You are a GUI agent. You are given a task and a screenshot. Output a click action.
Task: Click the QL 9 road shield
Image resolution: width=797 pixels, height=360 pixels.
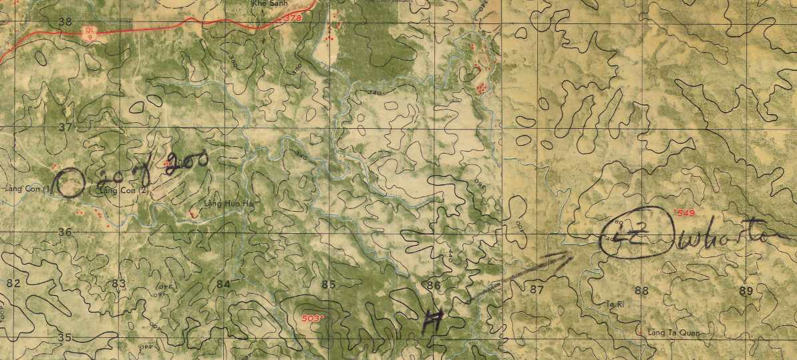pyautogui.click(x=90, y=31)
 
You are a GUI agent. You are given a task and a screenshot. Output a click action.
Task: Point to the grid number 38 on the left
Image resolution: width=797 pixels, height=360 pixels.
pyautogui.click(x=65, y=21)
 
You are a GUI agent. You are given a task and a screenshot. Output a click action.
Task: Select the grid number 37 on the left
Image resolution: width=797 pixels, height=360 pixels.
pyautogui.click(x=65, y=127)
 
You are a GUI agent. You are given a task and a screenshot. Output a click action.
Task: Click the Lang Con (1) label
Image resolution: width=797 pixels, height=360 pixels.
pyautogui.click(x=27, y=190)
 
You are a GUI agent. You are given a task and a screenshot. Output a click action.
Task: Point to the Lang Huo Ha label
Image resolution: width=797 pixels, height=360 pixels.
pyautogui.click(x=230, y=203)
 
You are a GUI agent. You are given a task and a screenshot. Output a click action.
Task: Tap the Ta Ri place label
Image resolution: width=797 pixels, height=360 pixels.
pyautogui.click(x=613, y=304)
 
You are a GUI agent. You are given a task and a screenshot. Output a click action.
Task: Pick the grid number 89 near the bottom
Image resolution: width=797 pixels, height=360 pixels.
pyautogui.click(x=746, y=291)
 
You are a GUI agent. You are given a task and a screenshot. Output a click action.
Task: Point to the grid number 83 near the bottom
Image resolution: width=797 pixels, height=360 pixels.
pyautogui.click(x=118, y=284)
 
